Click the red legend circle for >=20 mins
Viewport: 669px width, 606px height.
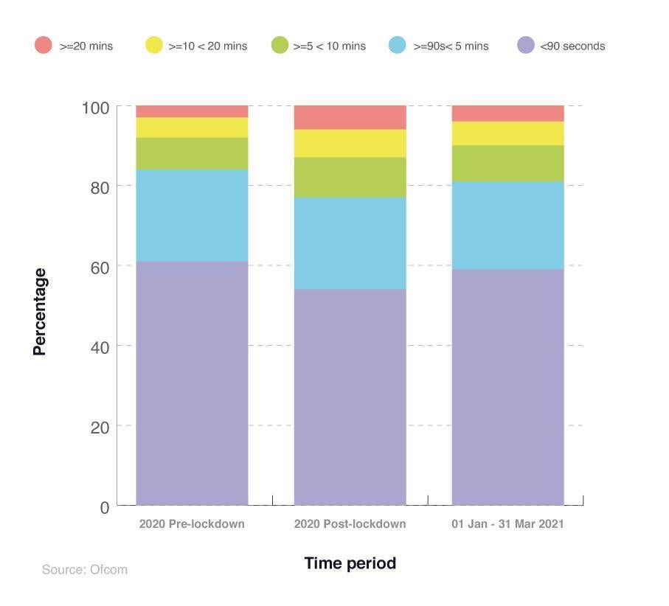(44, 46)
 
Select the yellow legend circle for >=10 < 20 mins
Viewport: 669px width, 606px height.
(153, 46)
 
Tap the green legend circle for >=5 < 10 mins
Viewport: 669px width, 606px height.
(279, 46)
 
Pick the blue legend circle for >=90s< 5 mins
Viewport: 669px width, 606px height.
(398, 46)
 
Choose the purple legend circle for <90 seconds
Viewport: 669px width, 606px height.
(525, 46)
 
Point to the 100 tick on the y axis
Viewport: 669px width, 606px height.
(95, 108)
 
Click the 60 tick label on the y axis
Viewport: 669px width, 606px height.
(100, 267)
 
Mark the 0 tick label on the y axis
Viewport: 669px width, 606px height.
(105, 507)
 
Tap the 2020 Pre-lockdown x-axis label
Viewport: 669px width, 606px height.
(192, 524)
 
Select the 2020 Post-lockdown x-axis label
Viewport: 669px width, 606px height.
(350, 524)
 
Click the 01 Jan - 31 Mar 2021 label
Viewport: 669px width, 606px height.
(507, 524)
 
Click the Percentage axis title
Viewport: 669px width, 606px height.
(40, 312)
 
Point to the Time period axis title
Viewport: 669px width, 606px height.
(350, 563)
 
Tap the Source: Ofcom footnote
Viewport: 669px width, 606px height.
(85, 569)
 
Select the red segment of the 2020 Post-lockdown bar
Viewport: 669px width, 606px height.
(350, 117)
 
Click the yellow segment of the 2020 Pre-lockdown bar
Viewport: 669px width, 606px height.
(192, 127)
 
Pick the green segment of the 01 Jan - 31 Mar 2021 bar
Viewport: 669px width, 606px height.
(507, 163)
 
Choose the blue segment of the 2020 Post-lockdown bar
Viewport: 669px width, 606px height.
(350, 243)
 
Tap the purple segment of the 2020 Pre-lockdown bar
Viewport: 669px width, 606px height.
(192, 383)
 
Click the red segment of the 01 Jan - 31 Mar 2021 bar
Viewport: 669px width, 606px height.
(507, 114)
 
